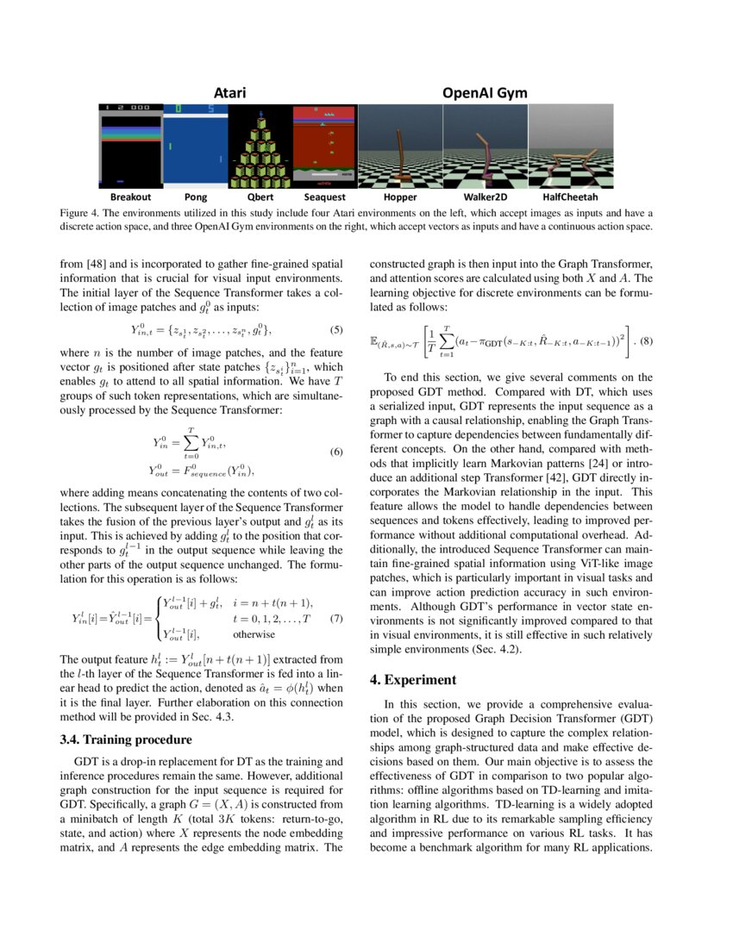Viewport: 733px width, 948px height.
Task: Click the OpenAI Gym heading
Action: (x=485, y=92)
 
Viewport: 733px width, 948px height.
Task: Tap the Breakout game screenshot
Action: (x=130, y=146)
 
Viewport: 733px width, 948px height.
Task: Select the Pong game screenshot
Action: (x=195, y=146)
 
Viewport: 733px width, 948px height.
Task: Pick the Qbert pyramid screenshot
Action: (x=260, y=146)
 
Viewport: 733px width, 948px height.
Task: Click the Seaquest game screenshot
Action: (x=324, y=146)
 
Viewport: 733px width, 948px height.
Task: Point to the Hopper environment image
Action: (x=399, y=146)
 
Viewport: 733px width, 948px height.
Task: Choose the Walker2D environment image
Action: (x=485, y=146)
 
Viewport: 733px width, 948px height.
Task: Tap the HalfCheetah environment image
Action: (x=570, y=146)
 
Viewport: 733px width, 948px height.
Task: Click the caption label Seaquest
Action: (x=324, y=196)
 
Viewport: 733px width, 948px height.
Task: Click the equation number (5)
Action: (x=337, y=329)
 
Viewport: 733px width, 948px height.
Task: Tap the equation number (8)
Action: (x=642, y=340)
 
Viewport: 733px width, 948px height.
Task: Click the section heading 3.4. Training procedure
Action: (x=126, y=739)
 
